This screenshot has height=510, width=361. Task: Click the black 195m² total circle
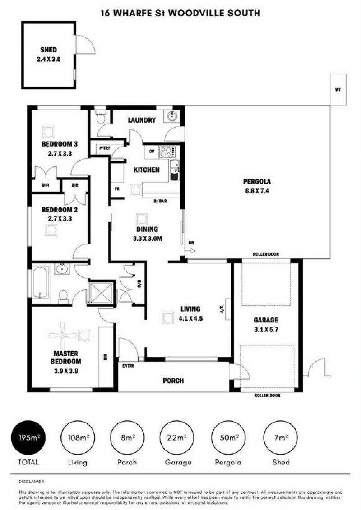click(x=28, y=437)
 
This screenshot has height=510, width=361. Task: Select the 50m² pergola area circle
click(x=228, y=437)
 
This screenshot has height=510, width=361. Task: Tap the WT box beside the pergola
click(x=338, y=89)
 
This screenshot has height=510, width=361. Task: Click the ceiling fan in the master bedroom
click(x=63, y=335)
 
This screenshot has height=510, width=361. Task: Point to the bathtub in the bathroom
click(x=40, y=282)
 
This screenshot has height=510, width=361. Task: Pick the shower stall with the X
click(x=102, y=293)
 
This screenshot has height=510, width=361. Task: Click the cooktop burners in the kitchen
click(x=167, y=152)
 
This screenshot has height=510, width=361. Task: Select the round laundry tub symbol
click(x=171, y=116)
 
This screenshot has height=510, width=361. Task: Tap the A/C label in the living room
click(x=222, y=309)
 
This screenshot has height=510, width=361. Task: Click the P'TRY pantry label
click(x=105, y=148)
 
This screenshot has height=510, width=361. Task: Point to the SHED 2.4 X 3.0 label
click(x=48, y=55)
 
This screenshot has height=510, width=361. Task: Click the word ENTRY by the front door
click(x=128, y=366)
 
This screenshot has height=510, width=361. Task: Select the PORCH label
click(x=173, y=381)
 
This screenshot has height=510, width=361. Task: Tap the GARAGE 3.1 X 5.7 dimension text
click(x=266, y=330)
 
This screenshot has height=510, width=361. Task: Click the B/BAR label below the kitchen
click(x=160, y=201)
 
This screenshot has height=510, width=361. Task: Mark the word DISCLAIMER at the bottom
click(x=31, y=482)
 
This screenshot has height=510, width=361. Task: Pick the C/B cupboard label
click(x=139, y=284)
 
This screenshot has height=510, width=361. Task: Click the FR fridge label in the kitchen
click(x=117, y=188)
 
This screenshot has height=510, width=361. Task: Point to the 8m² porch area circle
click(x=127, y=437)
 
